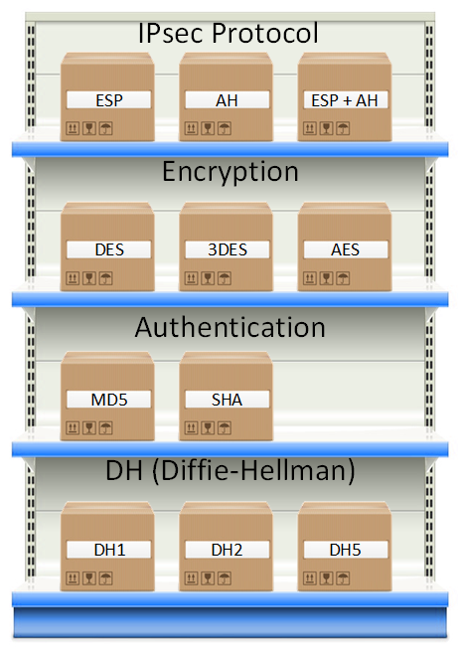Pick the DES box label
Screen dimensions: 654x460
click(x=107, y=249)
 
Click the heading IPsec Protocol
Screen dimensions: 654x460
click(x=229, y=34)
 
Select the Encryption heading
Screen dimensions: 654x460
click(x=230, y=172)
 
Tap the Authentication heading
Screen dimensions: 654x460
click(x=230, y=326)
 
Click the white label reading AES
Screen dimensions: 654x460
click(x=345, y=249)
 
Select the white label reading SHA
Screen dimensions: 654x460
click(x=226, y=400)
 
